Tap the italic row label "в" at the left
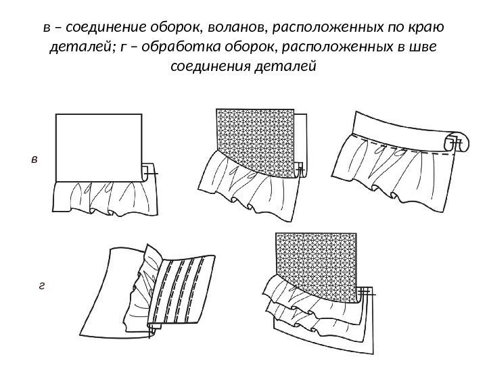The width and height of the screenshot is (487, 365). tap(35, 160)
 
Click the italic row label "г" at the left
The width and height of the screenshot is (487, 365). tap(41, 286)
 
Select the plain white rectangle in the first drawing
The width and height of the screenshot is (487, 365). tap(98, 145)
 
